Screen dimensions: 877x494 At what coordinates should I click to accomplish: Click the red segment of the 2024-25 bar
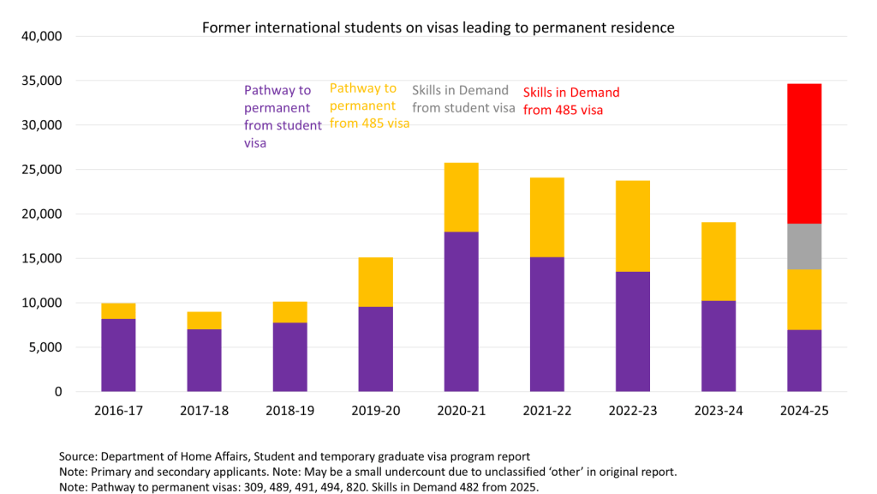[x=803, y=154]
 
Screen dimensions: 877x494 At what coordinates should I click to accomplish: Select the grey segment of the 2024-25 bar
[x=803, y=247]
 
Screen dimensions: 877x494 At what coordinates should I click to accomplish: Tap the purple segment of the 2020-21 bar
[x=462, y=311]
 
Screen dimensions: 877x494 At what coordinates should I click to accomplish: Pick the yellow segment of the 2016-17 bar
[x=118, y=310]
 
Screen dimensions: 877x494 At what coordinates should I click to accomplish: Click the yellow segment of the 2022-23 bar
[x=633, y=226]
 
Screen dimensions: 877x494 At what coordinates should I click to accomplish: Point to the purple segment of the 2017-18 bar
[x=204, y=360]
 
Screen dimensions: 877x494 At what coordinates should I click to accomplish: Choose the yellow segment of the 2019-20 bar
[x=375, y=282]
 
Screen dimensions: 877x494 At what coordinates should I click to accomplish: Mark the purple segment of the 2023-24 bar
[x=719, y=346]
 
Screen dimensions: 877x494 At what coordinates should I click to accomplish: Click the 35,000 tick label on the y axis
[x=41, y=81]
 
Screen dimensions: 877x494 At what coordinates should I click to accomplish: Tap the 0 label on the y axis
[x=58, y=392]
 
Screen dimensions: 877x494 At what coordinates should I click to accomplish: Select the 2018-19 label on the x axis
[x=289, y=411]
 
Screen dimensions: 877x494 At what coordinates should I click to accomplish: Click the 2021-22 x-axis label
[x=547, y=411]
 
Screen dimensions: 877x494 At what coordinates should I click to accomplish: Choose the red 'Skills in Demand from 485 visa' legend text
[x=571, y=101]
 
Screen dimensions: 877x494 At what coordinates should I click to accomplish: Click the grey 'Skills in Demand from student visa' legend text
[x=463, y=99]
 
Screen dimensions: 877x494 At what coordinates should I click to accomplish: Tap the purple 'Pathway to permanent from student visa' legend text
[x=283, y=117]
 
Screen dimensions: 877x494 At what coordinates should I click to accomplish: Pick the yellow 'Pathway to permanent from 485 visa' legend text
[x=369, y=105]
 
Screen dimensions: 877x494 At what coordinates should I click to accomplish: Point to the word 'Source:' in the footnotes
[x=78, y=456]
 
